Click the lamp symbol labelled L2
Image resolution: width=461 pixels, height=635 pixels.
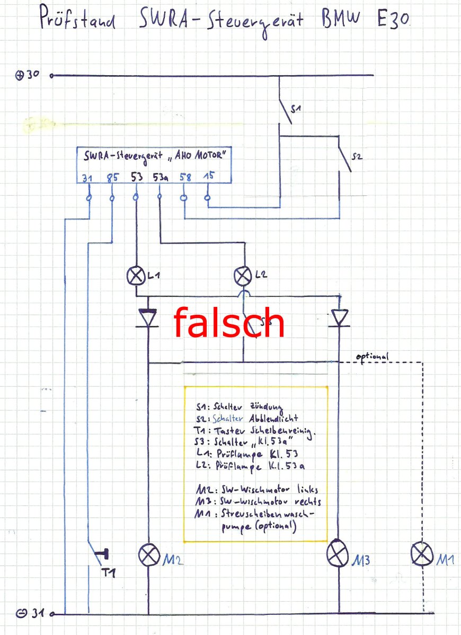tap(243, 275)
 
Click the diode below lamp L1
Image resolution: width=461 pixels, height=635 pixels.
tap(148, 318)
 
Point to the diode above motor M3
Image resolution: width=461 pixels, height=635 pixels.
tap(339, 317)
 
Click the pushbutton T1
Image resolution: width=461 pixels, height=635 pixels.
tap(101, 555)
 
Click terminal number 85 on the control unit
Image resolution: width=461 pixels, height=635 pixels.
tap(111, 178)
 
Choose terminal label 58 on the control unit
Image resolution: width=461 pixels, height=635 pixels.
tap(185, 177)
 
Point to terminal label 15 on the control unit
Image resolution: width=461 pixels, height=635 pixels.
tap(209, 177)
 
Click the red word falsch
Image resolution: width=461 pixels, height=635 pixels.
tap(229, 323)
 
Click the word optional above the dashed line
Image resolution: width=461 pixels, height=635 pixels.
tap(373, 356)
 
